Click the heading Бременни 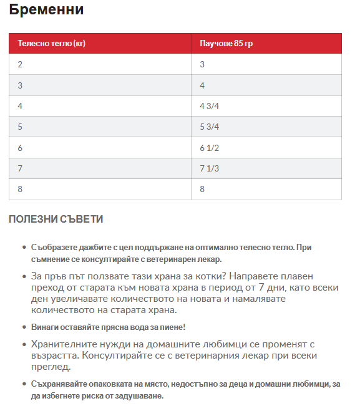46,10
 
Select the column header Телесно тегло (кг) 51,44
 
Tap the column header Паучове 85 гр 226,44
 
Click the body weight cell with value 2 20,64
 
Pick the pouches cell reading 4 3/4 209,106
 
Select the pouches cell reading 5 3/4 209,127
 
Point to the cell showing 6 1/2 209,148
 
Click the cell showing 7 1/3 209,168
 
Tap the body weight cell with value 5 20,127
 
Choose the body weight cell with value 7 20,168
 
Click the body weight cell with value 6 20,148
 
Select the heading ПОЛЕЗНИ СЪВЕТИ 56,219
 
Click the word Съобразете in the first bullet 52,248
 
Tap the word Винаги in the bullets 44,327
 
